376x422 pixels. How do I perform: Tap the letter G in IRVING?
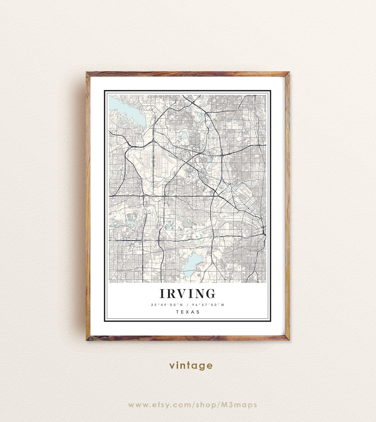coord(210,294)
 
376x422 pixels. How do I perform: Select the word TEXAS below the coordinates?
coord(188,312)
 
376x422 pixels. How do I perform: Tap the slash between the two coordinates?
coord(188,305)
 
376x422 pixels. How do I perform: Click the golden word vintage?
coord(191,365)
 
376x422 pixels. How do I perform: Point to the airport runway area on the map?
coord(153,164)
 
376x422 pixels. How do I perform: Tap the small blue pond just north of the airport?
coord(183,135)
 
